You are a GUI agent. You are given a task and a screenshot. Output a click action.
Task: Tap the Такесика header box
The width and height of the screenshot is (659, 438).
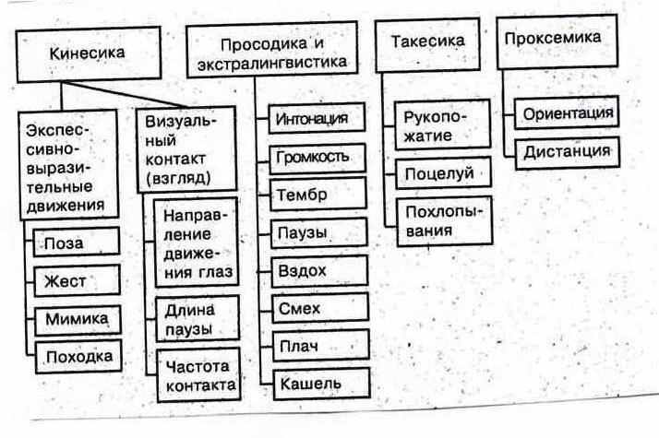pos(426,43)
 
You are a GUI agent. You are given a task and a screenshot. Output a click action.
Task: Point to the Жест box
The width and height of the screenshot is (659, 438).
pos(78,280)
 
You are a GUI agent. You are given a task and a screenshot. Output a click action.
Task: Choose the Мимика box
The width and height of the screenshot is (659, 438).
pos(78,319)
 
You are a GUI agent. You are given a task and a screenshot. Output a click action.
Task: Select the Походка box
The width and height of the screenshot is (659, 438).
pos(78,356)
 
